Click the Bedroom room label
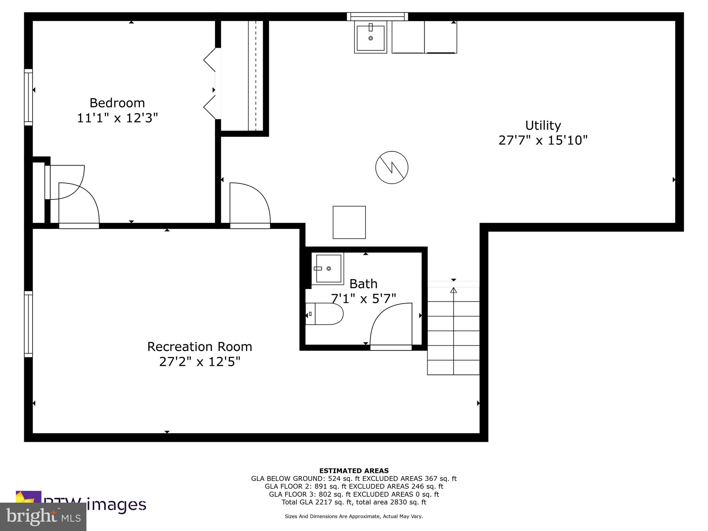[117, 103]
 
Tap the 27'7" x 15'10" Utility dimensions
[543, 140]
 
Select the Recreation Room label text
[199, 347]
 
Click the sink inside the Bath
[327, 269]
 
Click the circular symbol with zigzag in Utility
[392, 167]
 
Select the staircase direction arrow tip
[454, 290]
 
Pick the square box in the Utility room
[349, 222]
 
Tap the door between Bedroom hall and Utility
[250, 204]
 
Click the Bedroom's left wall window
[28, 97]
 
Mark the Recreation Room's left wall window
[28, 324]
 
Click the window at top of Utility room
[378, 16]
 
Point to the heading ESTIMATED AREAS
[354, 471]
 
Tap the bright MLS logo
[43, 517]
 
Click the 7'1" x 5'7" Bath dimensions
[363, 298]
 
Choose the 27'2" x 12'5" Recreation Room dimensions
[199, 362]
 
